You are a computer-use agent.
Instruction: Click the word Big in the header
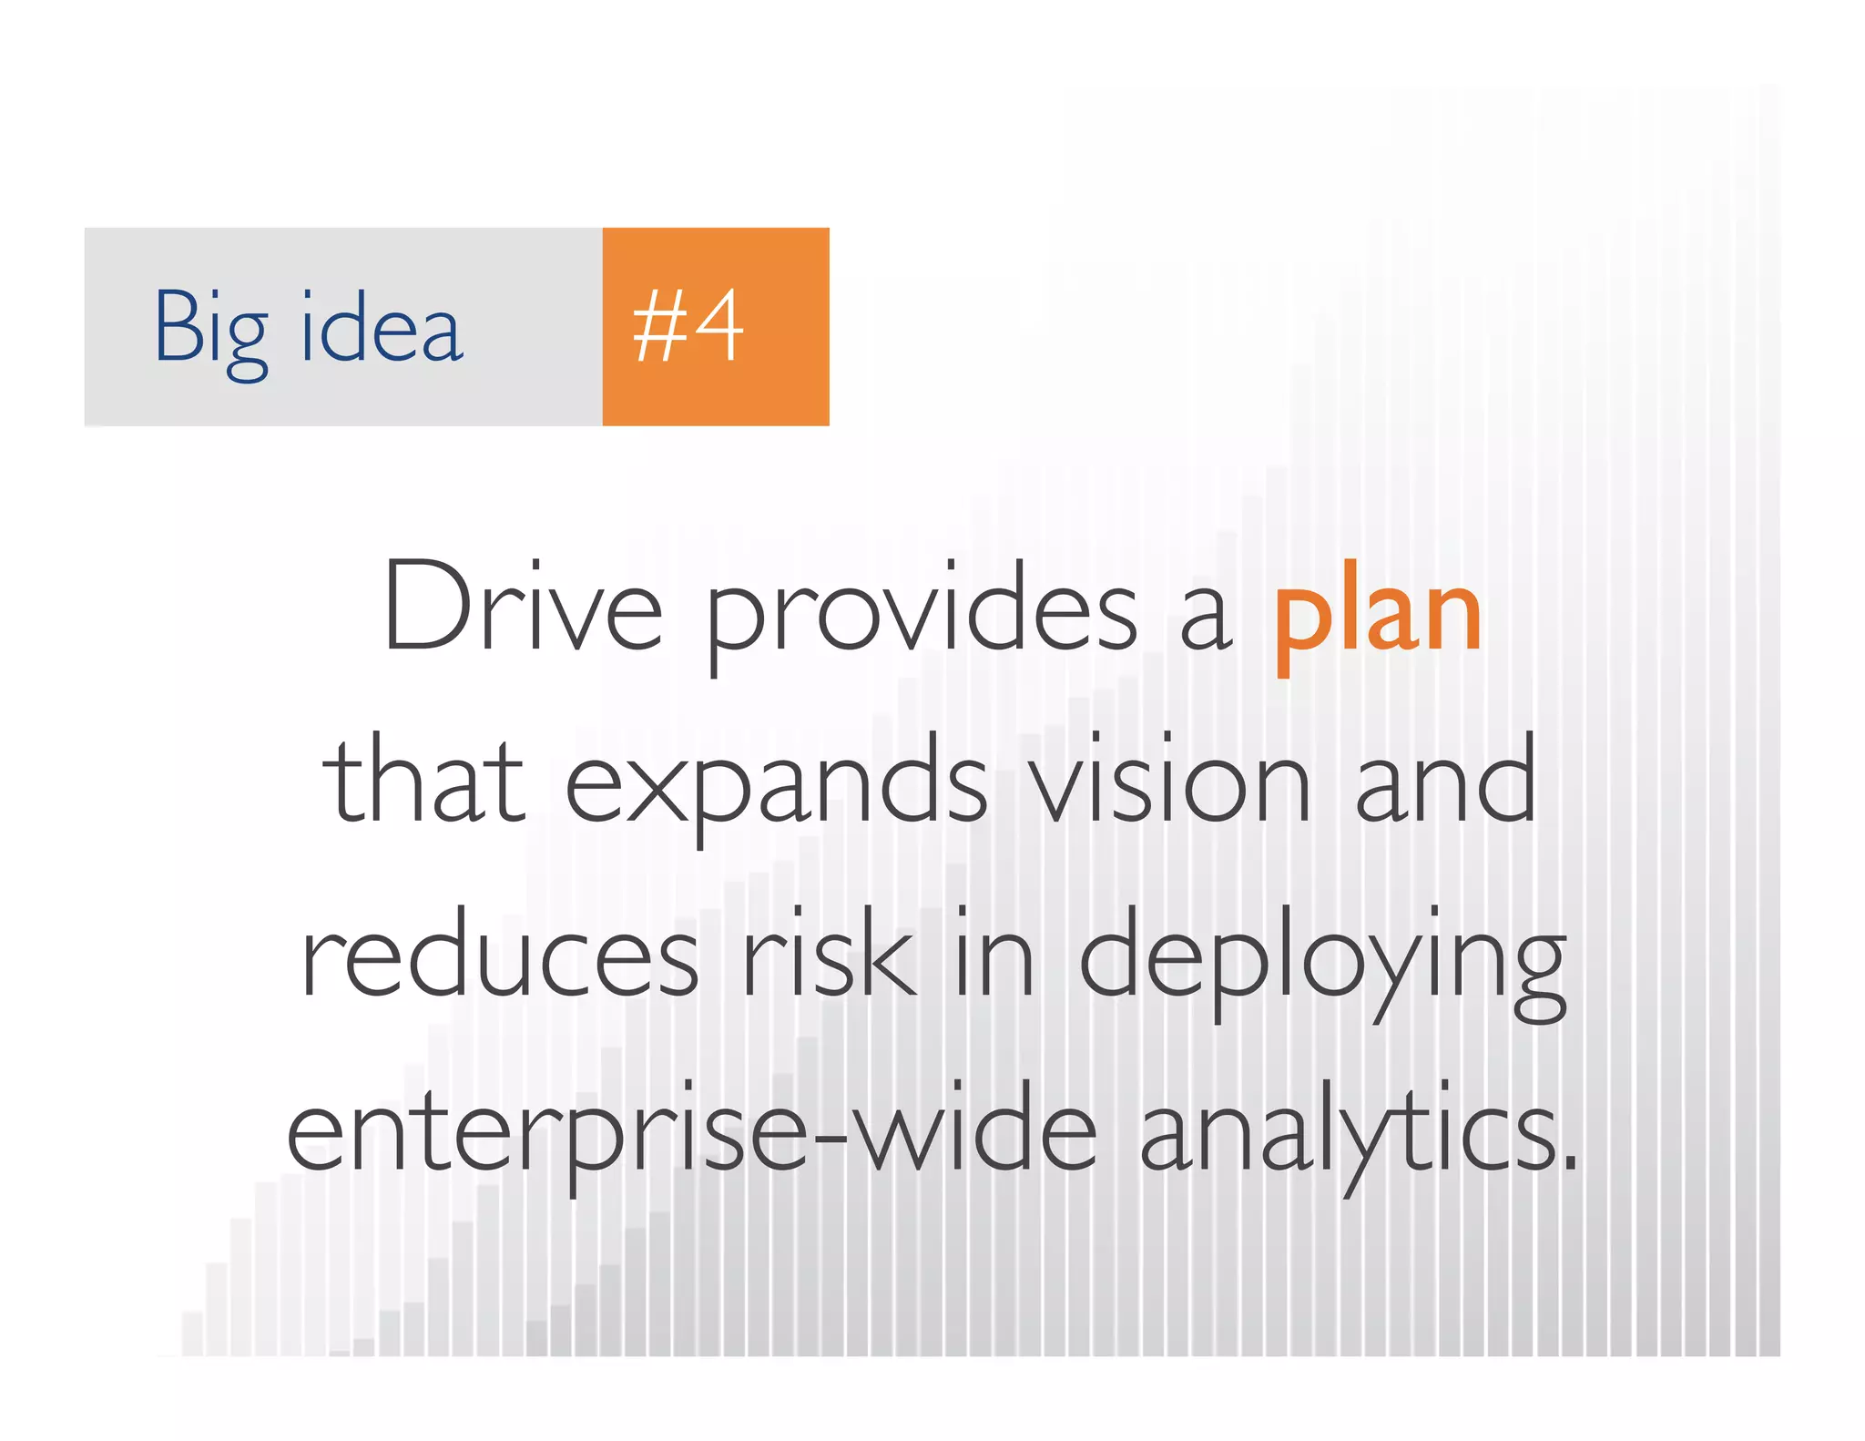click(211, 330)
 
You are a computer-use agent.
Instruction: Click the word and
click(1446, 780)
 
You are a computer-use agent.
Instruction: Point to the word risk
click(829, 953)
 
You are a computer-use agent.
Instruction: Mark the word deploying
click(1322, 962)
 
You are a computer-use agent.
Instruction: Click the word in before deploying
click(994, 953)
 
